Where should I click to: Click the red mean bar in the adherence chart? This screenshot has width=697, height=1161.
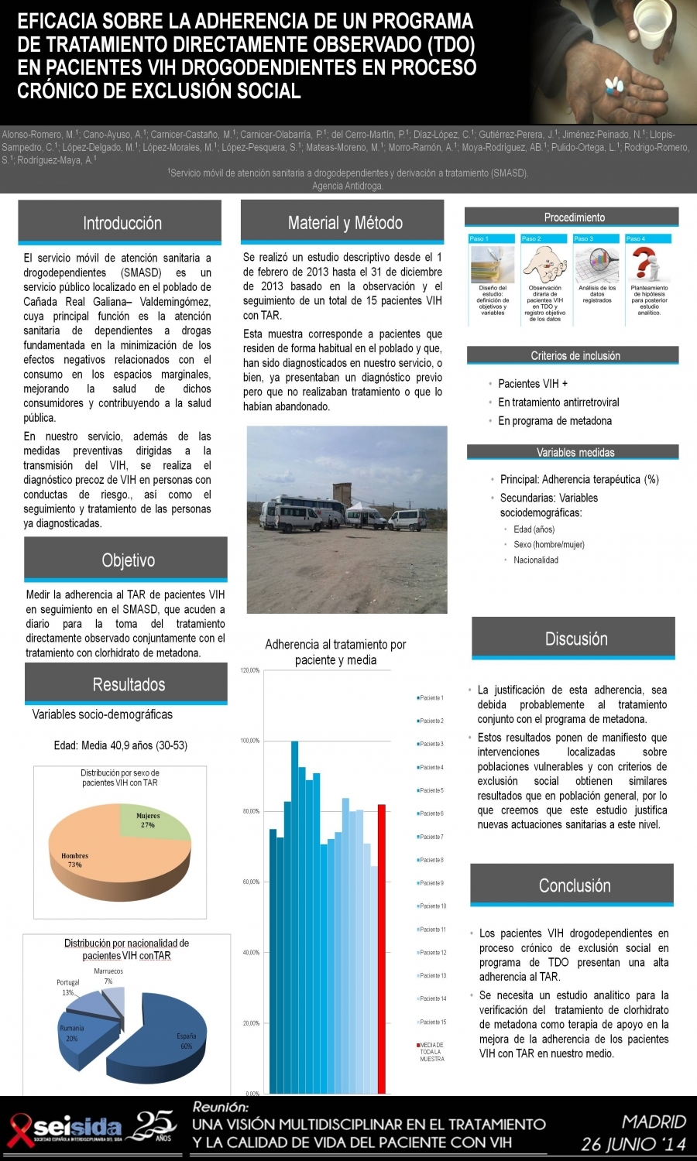[381, 948]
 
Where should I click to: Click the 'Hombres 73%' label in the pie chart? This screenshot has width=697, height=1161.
[75, 860]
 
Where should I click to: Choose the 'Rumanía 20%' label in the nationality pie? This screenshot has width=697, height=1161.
[72, 1033]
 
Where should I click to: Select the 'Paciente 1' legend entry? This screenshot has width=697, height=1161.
[431, 698]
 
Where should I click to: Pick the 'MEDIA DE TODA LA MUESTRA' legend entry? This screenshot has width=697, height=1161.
[431, 1052]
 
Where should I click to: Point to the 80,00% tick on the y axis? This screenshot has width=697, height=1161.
[251, 811]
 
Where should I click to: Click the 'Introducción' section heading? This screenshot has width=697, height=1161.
[122, 223]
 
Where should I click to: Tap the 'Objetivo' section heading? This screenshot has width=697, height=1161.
[128, 560]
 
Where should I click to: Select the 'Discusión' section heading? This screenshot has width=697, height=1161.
[575, 639]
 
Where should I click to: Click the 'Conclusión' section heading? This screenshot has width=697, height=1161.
[574, 885]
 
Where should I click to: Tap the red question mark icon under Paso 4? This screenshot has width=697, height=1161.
[644, 264]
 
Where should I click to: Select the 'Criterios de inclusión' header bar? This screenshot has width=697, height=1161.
[574, 355]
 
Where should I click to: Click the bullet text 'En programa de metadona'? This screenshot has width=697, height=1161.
[555, 421]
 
